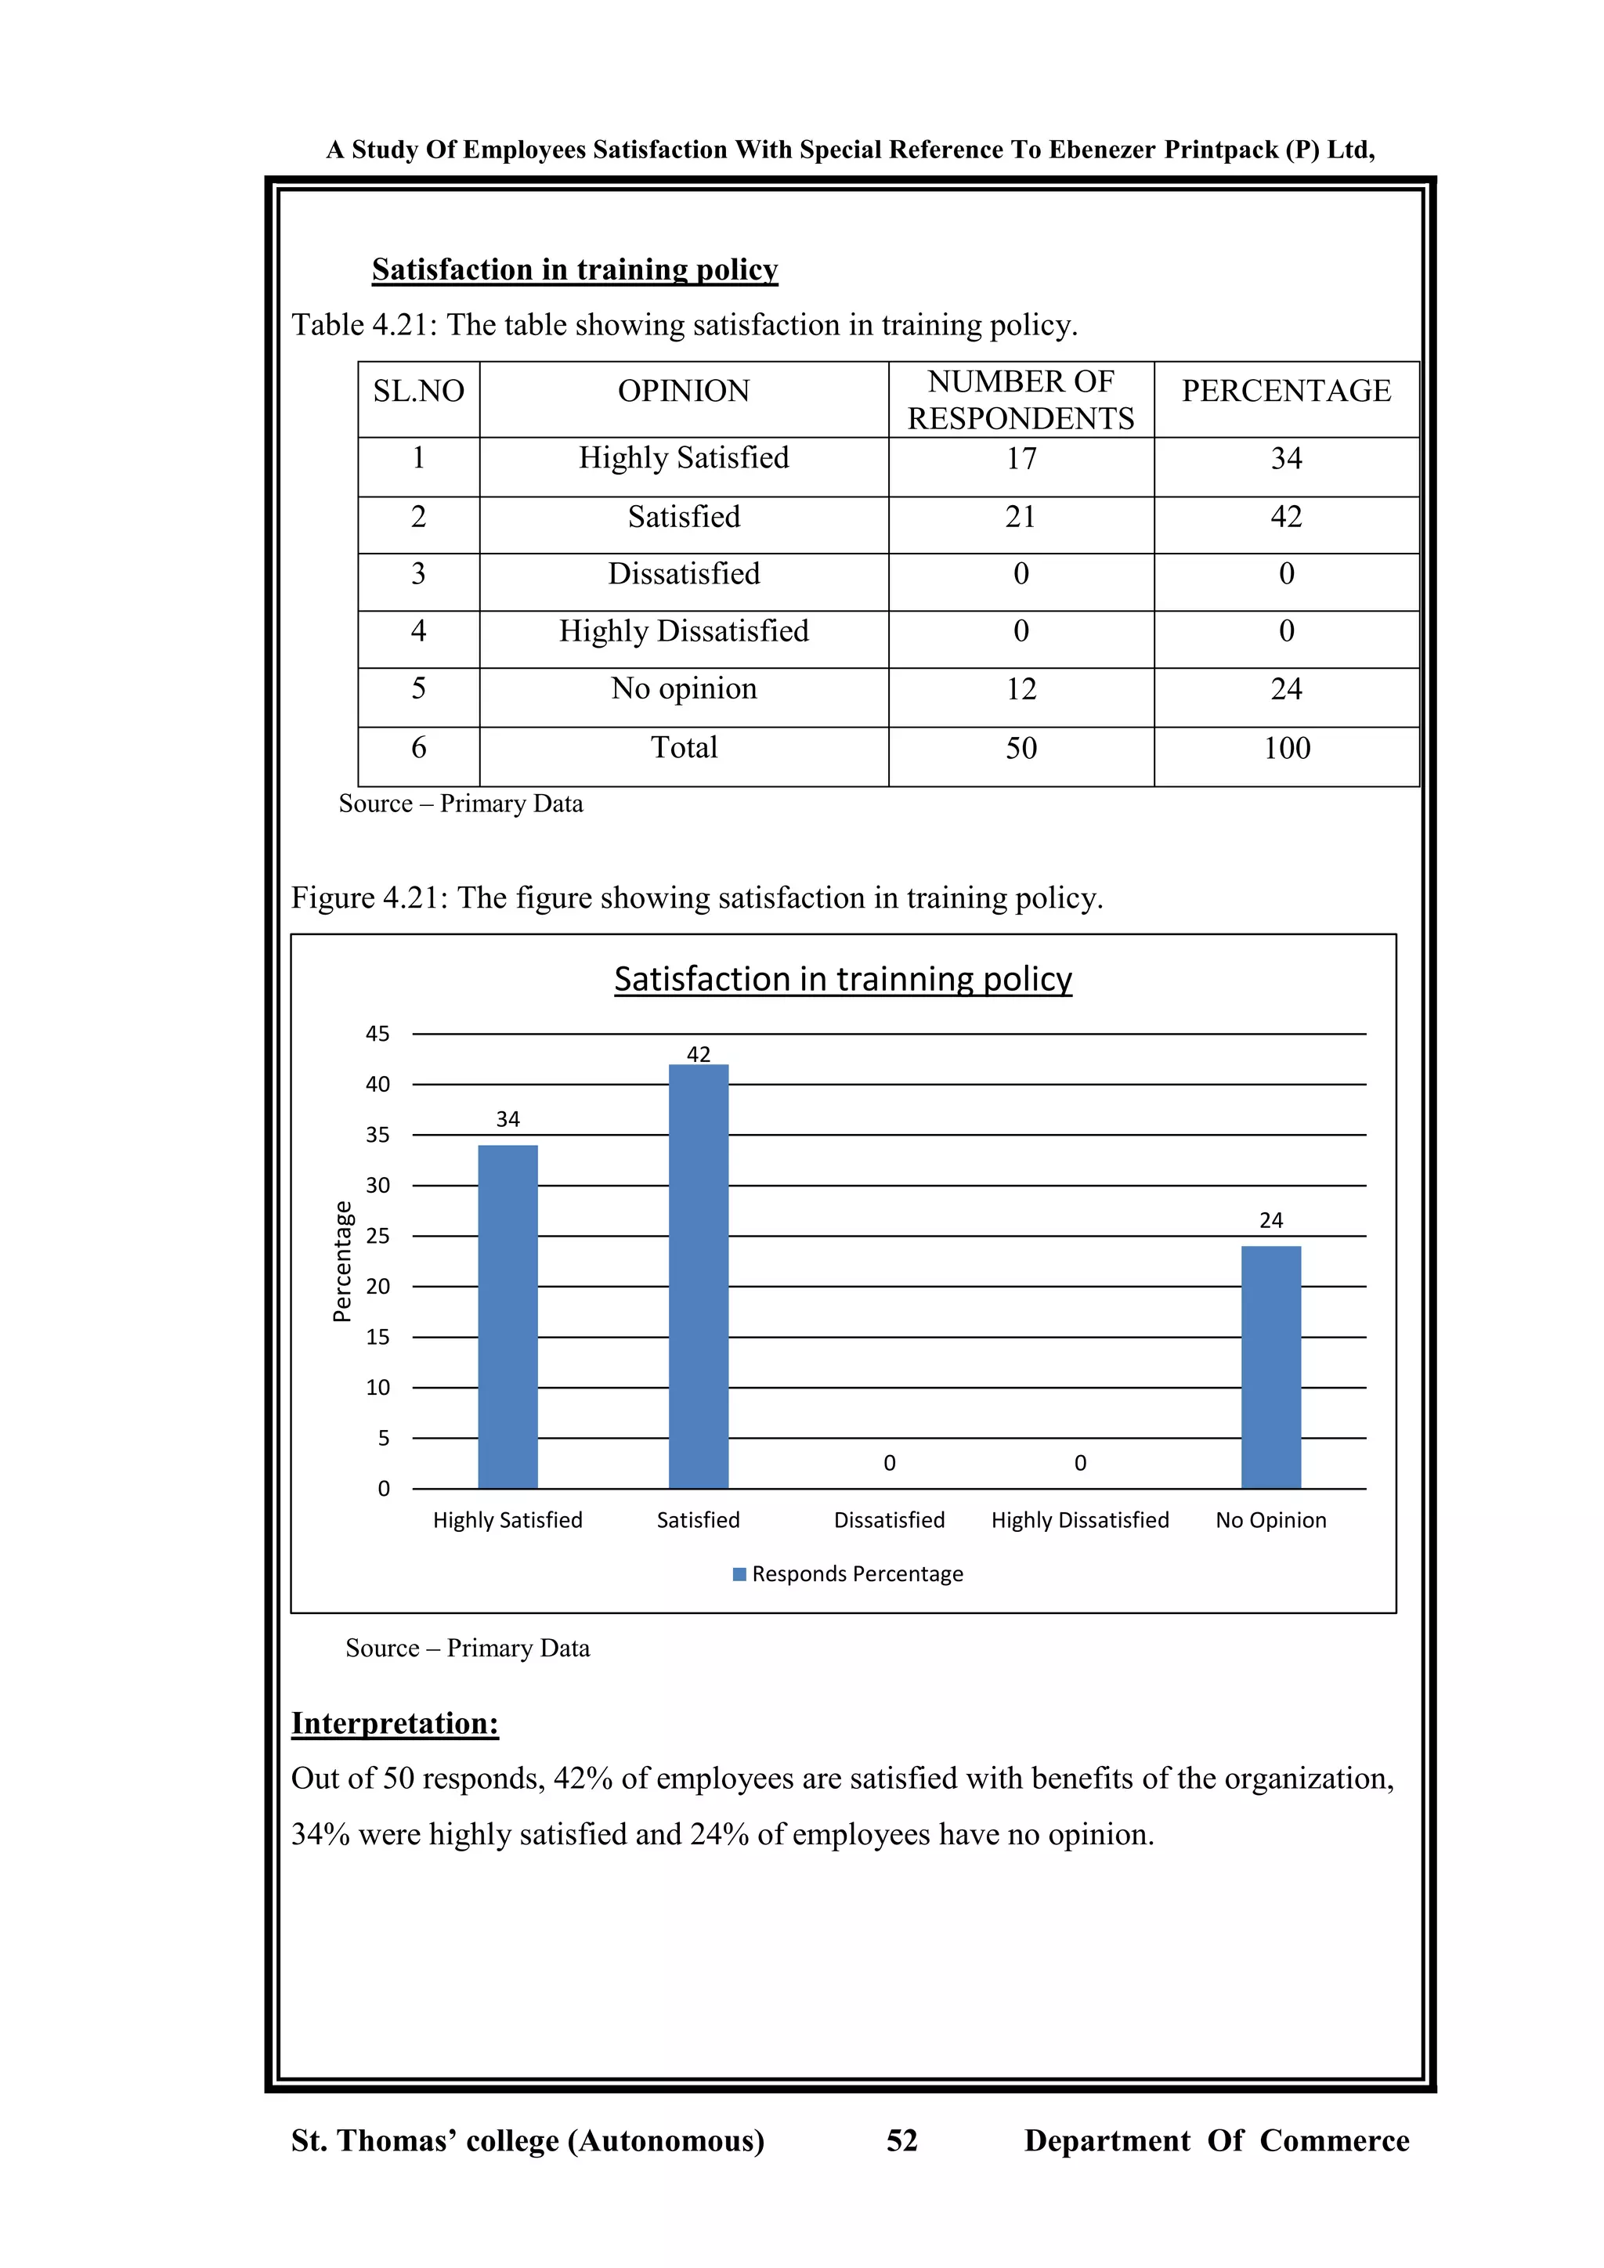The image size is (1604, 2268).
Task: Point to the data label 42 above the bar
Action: [x=699, y=1054]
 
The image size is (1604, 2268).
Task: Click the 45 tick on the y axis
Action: [x=378, y=1035]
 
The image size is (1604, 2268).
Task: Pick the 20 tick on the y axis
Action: [x=378, y=1286]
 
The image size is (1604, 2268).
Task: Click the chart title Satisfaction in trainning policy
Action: [x=843, y=979]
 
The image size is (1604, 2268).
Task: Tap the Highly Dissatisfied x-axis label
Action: [x=1079, y=1519]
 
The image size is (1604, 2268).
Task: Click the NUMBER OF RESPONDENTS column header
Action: [x=1021, y=400]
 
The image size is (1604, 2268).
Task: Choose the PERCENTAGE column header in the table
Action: [x=1286, y=391]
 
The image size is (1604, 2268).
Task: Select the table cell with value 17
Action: [x=1021, y=458]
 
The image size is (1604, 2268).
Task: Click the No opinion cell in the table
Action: [x=684, y=688]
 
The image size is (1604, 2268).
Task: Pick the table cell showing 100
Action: [x=1286, y=748]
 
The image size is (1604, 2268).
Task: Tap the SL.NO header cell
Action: [x=419, y=391]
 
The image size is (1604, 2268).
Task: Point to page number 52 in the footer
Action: [x=901, y=2140]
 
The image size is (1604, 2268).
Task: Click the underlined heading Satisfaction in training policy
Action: [x=575, y=269]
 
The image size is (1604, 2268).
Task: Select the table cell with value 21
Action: [x=1021, y=517]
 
